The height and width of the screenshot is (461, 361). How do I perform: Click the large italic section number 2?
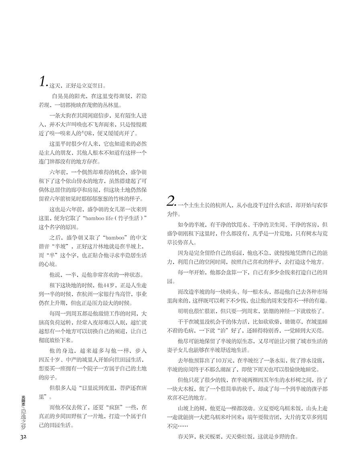click(171, 201)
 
